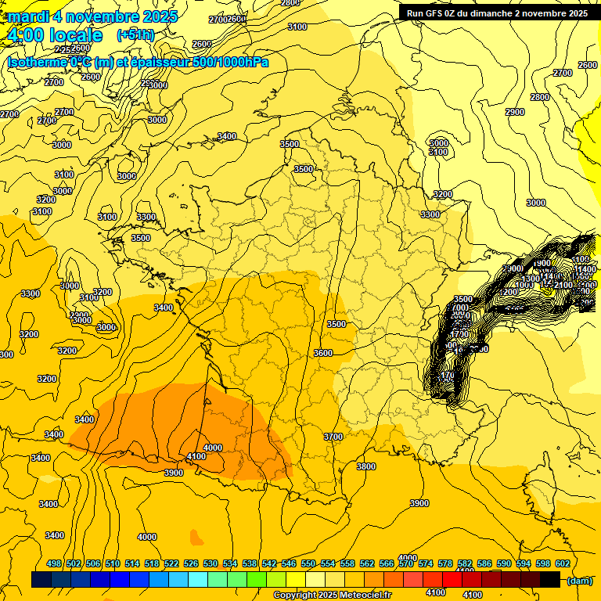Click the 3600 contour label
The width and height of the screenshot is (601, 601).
pos(323,353)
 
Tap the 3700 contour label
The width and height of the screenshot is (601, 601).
pos(333,437)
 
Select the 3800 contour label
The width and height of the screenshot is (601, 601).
pos(366,466)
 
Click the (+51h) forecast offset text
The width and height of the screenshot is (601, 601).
pos(135,35)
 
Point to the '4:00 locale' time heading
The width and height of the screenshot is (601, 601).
pos(54,35)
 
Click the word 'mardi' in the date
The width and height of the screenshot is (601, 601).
pos(29,16)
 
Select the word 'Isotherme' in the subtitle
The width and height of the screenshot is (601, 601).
pos(36,62)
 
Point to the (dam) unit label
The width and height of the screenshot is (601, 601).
pos(579,581)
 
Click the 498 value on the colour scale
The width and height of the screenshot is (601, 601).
pos(54,563)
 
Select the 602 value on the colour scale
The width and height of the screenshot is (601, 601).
pos(562,563)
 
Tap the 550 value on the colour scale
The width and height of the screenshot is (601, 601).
pos(308,563)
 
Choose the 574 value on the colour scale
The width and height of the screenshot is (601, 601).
pos(426,563)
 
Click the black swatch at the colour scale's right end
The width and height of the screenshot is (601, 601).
pos(550,580)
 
